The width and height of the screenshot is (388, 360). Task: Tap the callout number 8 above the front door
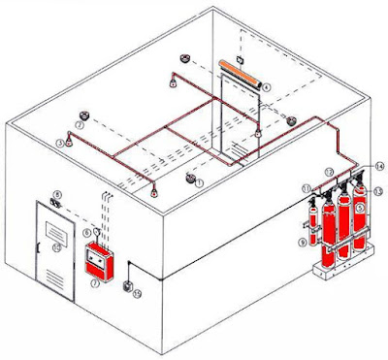(56, 195)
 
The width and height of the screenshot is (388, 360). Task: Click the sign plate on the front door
(53, 247)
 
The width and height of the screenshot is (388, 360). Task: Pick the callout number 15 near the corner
(138, 293)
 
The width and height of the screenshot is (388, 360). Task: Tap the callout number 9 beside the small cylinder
(302, 241)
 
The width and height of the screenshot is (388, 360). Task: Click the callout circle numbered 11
(306, 186)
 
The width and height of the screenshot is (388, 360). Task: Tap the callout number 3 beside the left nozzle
(60, 143)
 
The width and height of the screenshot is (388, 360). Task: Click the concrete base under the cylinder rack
(340, 271)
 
